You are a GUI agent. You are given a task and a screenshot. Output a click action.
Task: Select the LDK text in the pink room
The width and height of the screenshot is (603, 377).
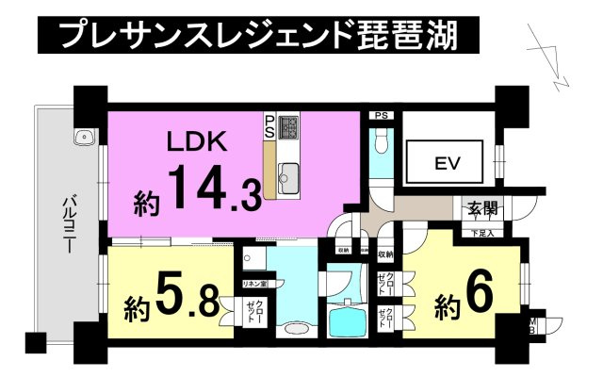point(195,144)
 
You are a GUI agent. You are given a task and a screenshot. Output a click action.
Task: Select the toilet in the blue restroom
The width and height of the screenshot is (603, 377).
point(381,141)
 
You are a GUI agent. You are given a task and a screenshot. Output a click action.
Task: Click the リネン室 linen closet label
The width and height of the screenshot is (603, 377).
point(255,284)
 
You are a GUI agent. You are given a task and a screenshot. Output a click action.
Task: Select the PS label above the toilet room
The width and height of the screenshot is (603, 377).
point(381,116)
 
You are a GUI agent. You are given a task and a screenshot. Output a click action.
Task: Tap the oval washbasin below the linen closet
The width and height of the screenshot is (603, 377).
point(294,331)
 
